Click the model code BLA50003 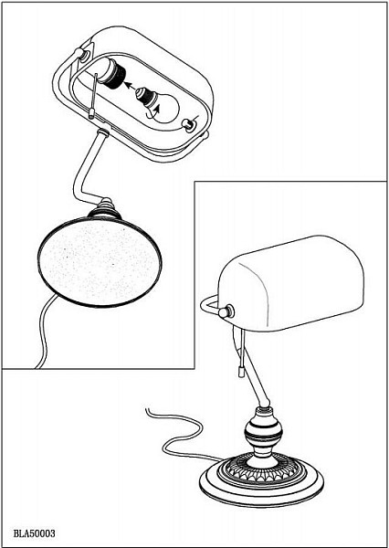point(35,534)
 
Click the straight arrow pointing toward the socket point(131,87)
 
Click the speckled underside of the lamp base point(100,261)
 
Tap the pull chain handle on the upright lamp point(240,371)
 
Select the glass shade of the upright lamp point(290,283)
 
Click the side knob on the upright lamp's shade point(226,311)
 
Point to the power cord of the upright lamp point(181,433)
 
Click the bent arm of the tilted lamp point(86,168)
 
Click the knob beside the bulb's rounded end point(188,125)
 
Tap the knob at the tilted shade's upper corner point(79,55)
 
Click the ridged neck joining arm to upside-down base point(105,209)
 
